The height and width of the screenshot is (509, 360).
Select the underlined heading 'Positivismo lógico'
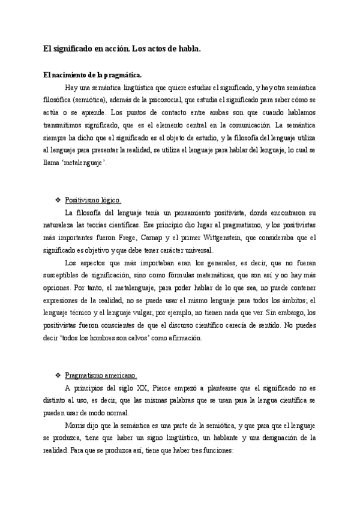point(93,200)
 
